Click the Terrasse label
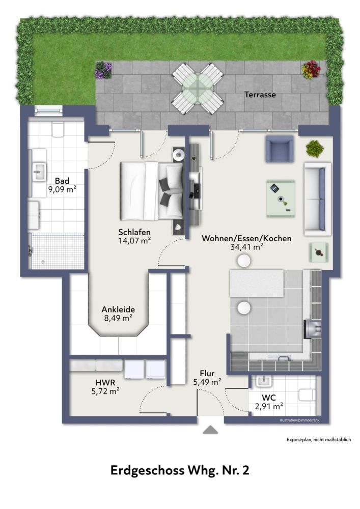(x=260, y=95)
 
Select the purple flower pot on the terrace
(x=103, y=70)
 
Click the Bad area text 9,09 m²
(x=62, y=190)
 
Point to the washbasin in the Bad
(x=39, y=172)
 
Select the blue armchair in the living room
(x=279, y=149)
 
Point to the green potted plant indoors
(x=314, y=148)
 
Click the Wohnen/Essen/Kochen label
(x=246, y=238)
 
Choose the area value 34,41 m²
(x=246, y=247)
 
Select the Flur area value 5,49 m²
(x=206, y=381)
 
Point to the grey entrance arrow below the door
(x=210, y=430)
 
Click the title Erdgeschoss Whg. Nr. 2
(x=180, y=471)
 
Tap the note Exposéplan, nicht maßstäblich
(x=319, y=440)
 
